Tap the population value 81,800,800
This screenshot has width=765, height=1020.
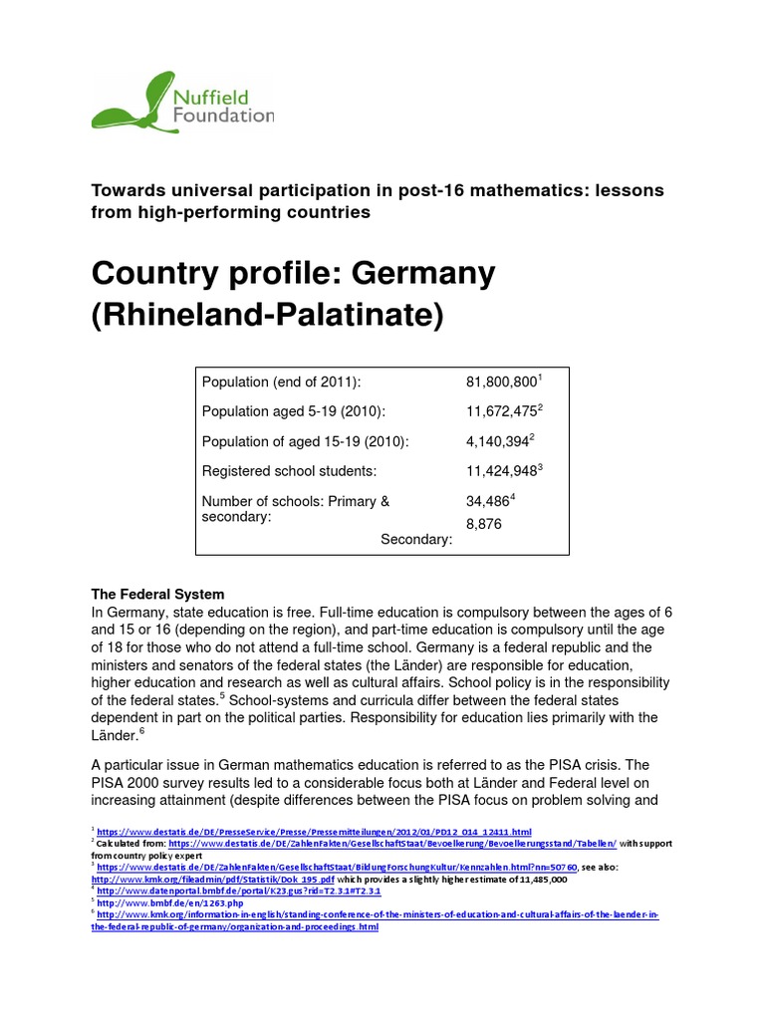500,382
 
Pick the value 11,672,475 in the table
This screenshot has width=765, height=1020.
500,412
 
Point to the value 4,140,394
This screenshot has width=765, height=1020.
496,442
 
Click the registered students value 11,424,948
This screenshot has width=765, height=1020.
500,472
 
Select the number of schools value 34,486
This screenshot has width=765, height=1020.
488,502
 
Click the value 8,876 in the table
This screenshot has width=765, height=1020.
486,522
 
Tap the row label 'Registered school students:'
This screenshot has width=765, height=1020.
289,472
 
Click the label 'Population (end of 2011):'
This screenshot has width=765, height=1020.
281,382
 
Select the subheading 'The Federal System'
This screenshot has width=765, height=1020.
158,595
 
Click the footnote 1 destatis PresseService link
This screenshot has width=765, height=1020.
314,831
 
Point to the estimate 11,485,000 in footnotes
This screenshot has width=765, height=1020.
539,880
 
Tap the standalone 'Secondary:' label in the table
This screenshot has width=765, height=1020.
416,539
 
